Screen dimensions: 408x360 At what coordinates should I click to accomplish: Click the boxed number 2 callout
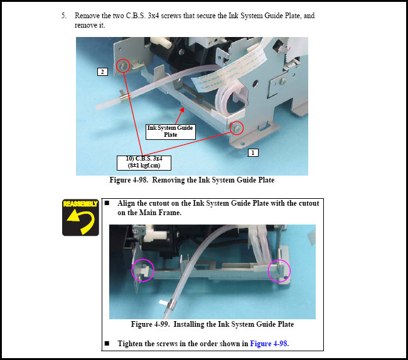tap(102, 71)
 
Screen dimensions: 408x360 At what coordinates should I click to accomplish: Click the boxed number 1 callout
tap(253, 152)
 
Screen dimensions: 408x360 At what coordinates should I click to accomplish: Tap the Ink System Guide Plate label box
tap(171, 132)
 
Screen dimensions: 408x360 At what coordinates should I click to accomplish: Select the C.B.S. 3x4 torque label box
tap(144, 162)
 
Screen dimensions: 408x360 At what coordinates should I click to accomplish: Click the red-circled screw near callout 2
tap(123, 66)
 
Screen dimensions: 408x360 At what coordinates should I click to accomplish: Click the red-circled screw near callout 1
tap(237, 127)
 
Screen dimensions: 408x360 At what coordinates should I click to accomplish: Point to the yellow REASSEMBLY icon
tap(80, 218)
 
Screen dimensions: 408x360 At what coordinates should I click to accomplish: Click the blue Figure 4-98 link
tap(269, 344)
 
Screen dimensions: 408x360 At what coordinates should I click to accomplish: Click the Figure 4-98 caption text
tap(192, 180)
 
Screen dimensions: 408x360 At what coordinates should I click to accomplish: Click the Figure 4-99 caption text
tap(212, 324)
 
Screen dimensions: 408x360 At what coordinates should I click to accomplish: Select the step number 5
tap(64, 16)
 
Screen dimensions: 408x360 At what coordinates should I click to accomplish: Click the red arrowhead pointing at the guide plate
tap(182, 110)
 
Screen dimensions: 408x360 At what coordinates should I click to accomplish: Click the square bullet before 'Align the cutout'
tap(107, 203)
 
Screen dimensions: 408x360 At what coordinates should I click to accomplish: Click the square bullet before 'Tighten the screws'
tap(107, 343)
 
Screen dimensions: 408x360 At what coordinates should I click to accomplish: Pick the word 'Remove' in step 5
tap(87, 16)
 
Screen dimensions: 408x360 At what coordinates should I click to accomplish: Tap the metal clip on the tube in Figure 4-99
tap(172, 303)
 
